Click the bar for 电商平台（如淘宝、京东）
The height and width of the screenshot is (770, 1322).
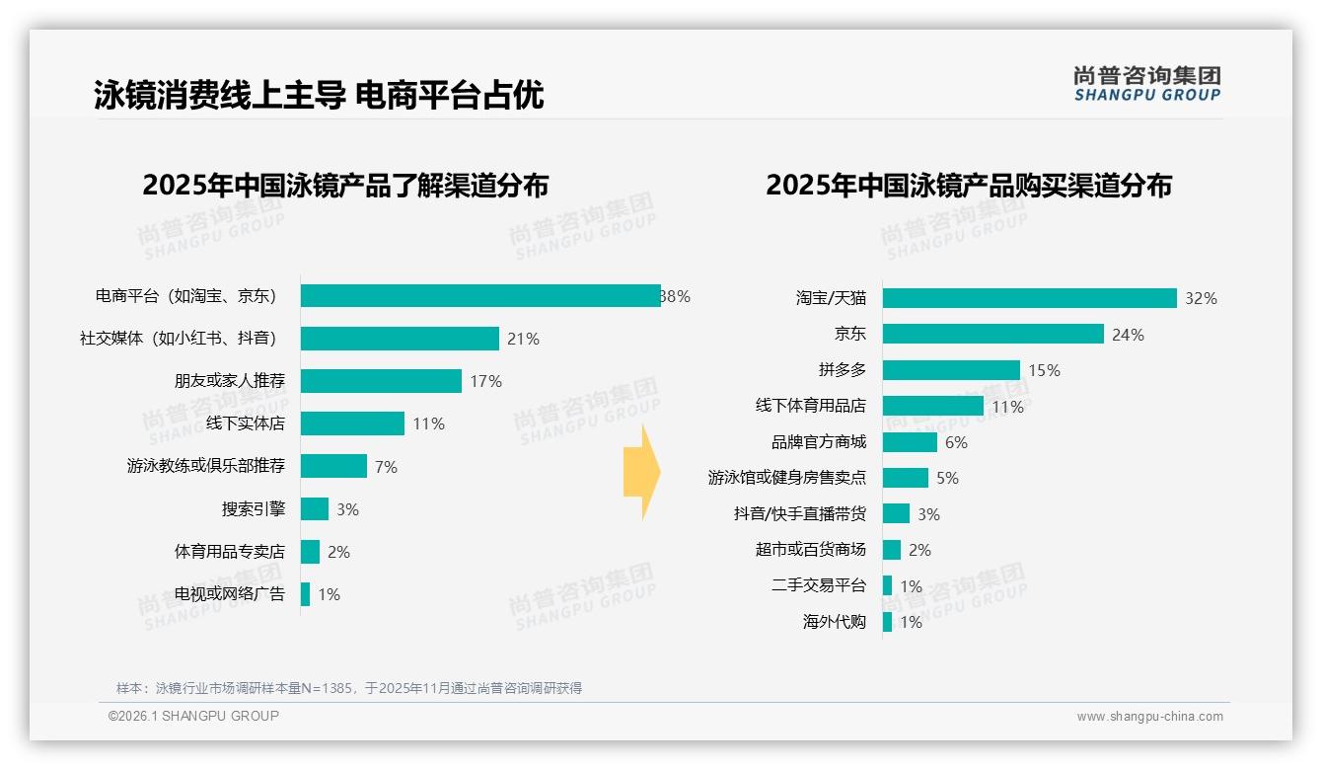click(x=480, y=296)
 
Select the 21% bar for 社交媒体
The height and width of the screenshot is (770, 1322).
click(x=400, y=339)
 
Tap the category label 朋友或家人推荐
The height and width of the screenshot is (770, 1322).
click(x=230, y=381)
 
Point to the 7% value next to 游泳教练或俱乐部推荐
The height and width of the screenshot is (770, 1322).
click(x=386, y=467)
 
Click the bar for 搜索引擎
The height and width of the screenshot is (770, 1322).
click(x=315, y=509)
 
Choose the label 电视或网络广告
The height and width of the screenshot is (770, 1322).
click(x=230, y=594)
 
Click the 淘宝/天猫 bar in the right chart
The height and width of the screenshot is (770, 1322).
click(x=1029, y=298)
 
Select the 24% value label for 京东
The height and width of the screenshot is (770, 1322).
click(x=1128, y=335)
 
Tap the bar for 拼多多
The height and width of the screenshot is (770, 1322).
click(x=951, y=370)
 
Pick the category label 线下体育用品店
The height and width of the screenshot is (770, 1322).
click(x=810, y=406)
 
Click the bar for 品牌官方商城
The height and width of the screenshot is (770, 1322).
click(x=910, y=442)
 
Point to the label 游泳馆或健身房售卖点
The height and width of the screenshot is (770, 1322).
click(x=786, y=478)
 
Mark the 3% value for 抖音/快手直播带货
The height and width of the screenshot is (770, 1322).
click(x=928, y=514)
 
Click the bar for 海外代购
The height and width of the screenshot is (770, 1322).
click(x=887, y=622)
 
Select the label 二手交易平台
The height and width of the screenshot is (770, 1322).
click(x=818, y=585)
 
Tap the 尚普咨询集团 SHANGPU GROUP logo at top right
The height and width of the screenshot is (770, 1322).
click(x=1146, y=84)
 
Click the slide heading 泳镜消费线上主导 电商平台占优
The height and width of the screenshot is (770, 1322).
click(x=319, y=96)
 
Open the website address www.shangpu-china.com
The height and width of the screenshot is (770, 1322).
click(x=1149, y=717)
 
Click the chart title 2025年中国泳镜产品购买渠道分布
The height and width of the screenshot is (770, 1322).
click(x=968, y=186)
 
